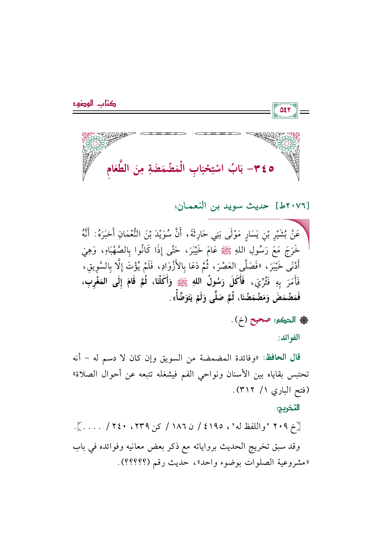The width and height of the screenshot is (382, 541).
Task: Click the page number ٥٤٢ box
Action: tap(285, 110)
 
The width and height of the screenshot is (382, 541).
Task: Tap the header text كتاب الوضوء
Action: tap(94, 104)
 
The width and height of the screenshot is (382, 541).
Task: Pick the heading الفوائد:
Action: tap(289, 337)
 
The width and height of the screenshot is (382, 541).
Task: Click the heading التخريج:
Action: tap(288, 408)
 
